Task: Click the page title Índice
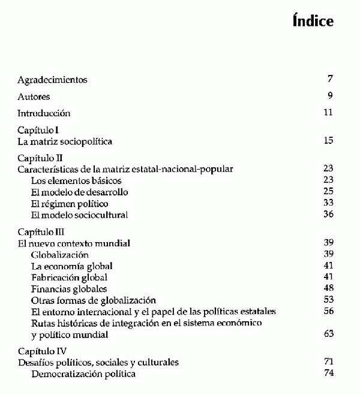click(x=313, y=22)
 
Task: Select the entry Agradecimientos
click(x=53, y=79)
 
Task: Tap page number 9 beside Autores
click(x=330, y=96)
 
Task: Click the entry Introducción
click(x=44, y=113)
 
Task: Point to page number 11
click(x=328, y=113)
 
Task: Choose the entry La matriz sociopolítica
click(x=65, y=141)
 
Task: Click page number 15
click(x=328, y=141)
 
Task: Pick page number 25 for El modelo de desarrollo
click(x=328, y=192)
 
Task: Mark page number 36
click(x=328, y=215)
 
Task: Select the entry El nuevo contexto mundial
click(x=74, y=243)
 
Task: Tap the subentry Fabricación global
click(x=69, y=277)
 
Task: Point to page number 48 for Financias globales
click(x=328, y=288)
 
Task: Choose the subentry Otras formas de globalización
click(x=93, y=300)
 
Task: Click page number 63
click(x=328, y=334)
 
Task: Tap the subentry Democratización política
click(x=83, y=374)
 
